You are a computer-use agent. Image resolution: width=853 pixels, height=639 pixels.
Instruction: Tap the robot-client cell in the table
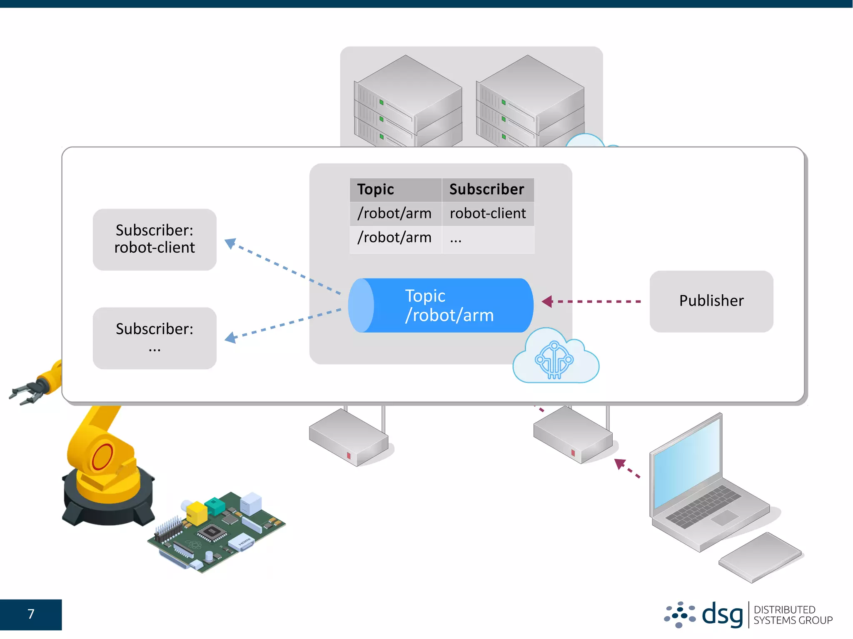(x=487, y=214)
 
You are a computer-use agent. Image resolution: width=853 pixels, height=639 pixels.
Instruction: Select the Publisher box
(x=711, y=301)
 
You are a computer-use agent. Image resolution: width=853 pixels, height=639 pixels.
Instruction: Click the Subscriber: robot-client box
(x=155, y=239)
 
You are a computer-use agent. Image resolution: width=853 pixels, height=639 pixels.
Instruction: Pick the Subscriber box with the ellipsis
(x=155, y=338)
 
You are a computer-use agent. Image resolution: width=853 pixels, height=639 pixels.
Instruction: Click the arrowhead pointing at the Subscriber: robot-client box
(x=230, y=243)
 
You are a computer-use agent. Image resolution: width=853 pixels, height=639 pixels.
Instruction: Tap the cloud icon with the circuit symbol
(x=555, y=358)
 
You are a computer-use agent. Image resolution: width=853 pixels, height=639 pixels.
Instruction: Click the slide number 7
(x=31, y=614)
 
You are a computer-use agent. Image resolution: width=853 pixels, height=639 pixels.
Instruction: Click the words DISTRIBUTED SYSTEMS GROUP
(x=793, y=615)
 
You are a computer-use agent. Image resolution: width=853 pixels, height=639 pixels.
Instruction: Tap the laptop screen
(x=687, y=462)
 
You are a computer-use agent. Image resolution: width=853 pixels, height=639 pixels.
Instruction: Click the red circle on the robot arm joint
(x=102, y=456)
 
